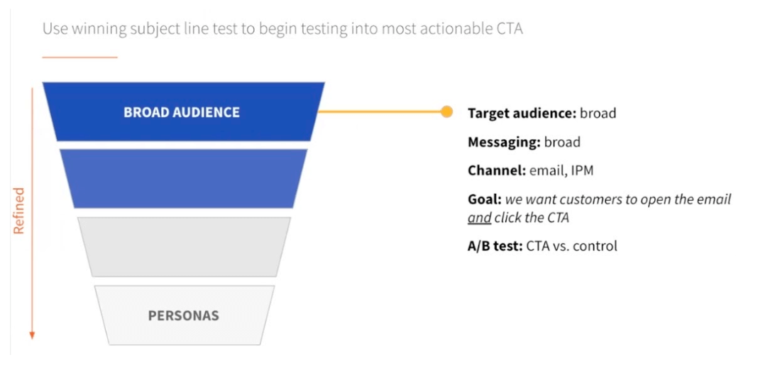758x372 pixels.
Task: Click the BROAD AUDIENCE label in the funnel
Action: [x=182, y=112]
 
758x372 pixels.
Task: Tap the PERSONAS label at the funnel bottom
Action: [x=184, y=315]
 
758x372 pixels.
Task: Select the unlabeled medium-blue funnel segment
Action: [x=183, y=178]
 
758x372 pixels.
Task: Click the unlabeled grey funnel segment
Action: [x=184, y=246]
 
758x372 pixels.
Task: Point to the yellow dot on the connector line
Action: [x=446, y=111]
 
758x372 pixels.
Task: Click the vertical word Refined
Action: [x=19, y=211]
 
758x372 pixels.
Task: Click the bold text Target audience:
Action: [x=522, y=113]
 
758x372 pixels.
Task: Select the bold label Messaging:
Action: [x=504, y=142]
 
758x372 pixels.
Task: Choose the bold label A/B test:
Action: [x=495, y=246]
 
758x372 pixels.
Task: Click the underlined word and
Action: [x=480, y=218]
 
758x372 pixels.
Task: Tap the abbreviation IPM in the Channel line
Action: [x=583, y=170]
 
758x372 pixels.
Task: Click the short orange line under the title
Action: [x=79, y=58]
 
